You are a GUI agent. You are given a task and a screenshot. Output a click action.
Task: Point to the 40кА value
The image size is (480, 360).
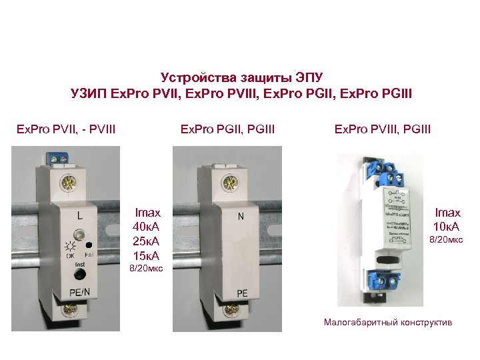point(147,227)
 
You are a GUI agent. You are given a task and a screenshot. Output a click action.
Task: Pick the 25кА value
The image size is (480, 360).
point(147,241)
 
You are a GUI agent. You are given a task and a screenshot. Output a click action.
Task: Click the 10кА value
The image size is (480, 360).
point(447,227)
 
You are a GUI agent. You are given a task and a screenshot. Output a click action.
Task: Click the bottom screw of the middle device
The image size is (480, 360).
point(230,309)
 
